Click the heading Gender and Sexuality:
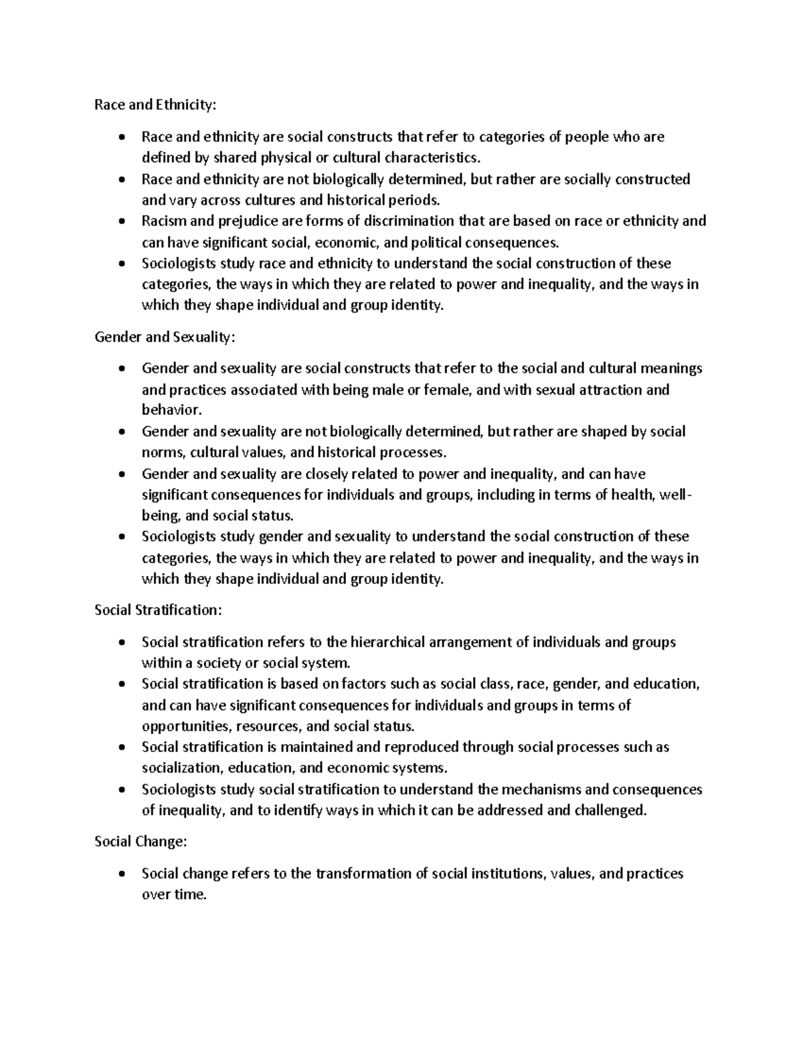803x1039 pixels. click(165, 337)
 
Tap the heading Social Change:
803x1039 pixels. click(141, 842)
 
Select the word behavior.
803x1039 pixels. click(170, 410)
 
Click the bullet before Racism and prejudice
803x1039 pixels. click(121, 221)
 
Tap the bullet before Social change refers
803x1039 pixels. click(121, 874)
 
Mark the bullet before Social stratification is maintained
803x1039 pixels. click(121, 747)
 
